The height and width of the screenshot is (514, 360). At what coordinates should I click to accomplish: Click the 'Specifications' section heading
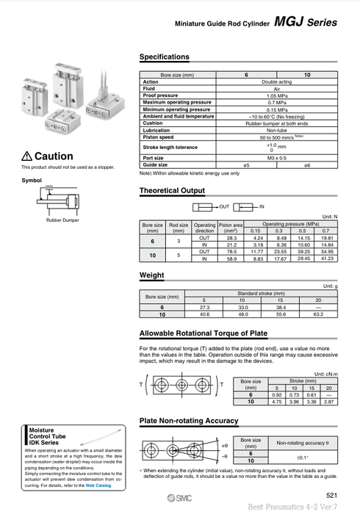164,57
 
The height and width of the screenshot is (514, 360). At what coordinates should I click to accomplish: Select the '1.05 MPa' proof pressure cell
277,95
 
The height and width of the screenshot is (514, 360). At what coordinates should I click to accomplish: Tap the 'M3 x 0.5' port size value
277,158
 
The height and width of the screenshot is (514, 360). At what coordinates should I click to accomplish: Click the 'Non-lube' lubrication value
277,130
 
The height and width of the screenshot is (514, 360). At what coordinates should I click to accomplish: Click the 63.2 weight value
317,314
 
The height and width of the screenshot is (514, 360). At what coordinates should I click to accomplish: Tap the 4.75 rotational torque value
277,402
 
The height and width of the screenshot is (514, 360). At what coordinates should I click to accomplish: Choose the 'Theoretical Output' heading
172,191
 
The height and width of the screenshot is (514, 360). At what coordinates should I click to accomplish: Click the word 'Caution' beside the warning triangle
54,156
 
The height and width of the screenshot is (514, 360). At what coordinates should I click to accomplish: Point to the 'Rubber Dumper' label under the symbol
62,220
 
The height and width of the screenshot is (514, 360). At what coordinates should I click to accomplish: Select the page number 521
331,496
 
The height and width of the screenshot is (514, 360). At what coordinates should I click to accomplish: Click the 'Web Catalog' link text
98,485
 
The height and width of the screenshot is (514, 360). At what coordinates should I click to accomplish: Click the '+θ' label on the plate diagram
224,445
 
